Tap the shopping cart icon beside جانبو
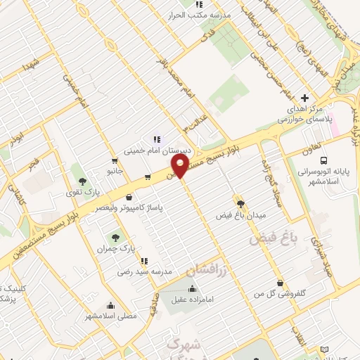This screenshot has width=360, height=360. coord(114,160)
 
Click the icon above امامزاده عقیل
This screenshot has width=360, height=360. coord(193,288)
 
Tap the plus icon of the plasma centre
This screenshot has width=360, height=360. coord(304,98)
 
